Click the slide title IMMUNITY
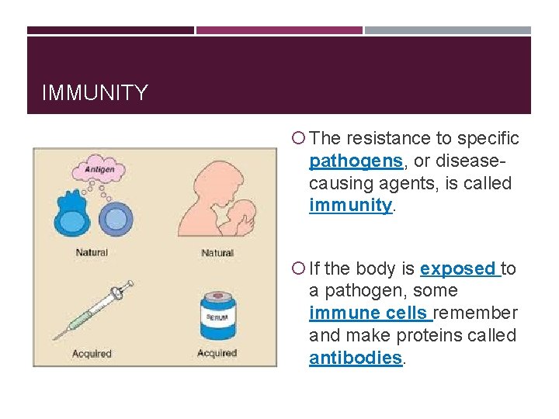tap(94, 93)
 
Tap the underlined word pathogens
tap(356, 161)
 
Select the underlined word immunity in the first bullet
tap(350, 206)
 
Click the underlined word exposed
tap(457, 269)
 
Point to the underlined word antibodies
tap(356, 358)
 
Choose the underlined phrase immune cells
tap(369, 313)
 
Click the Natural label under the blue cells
tap(92, 252)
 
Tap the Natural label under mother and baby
tap(217, 252)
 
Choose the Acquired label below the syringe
tap(92, 353)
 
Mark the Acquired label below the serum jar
tap(217, 353)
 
